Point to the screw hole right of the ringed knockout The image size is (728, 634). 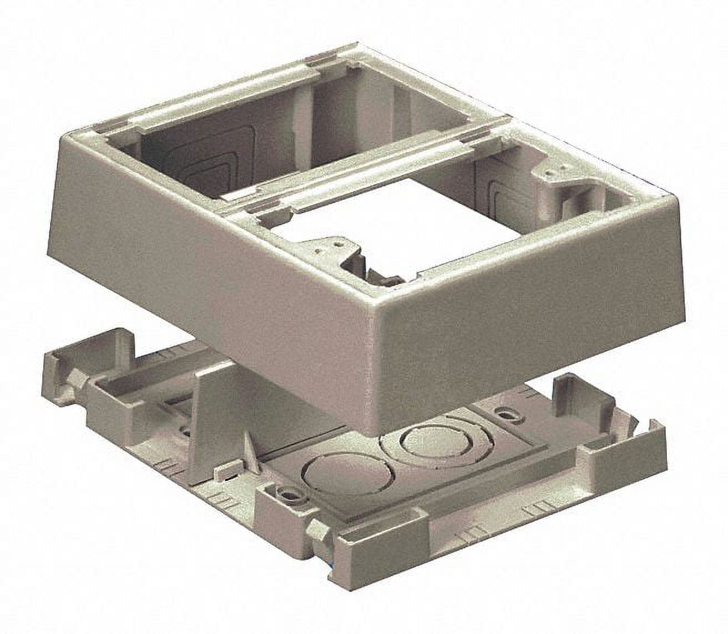coord(505,414)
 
